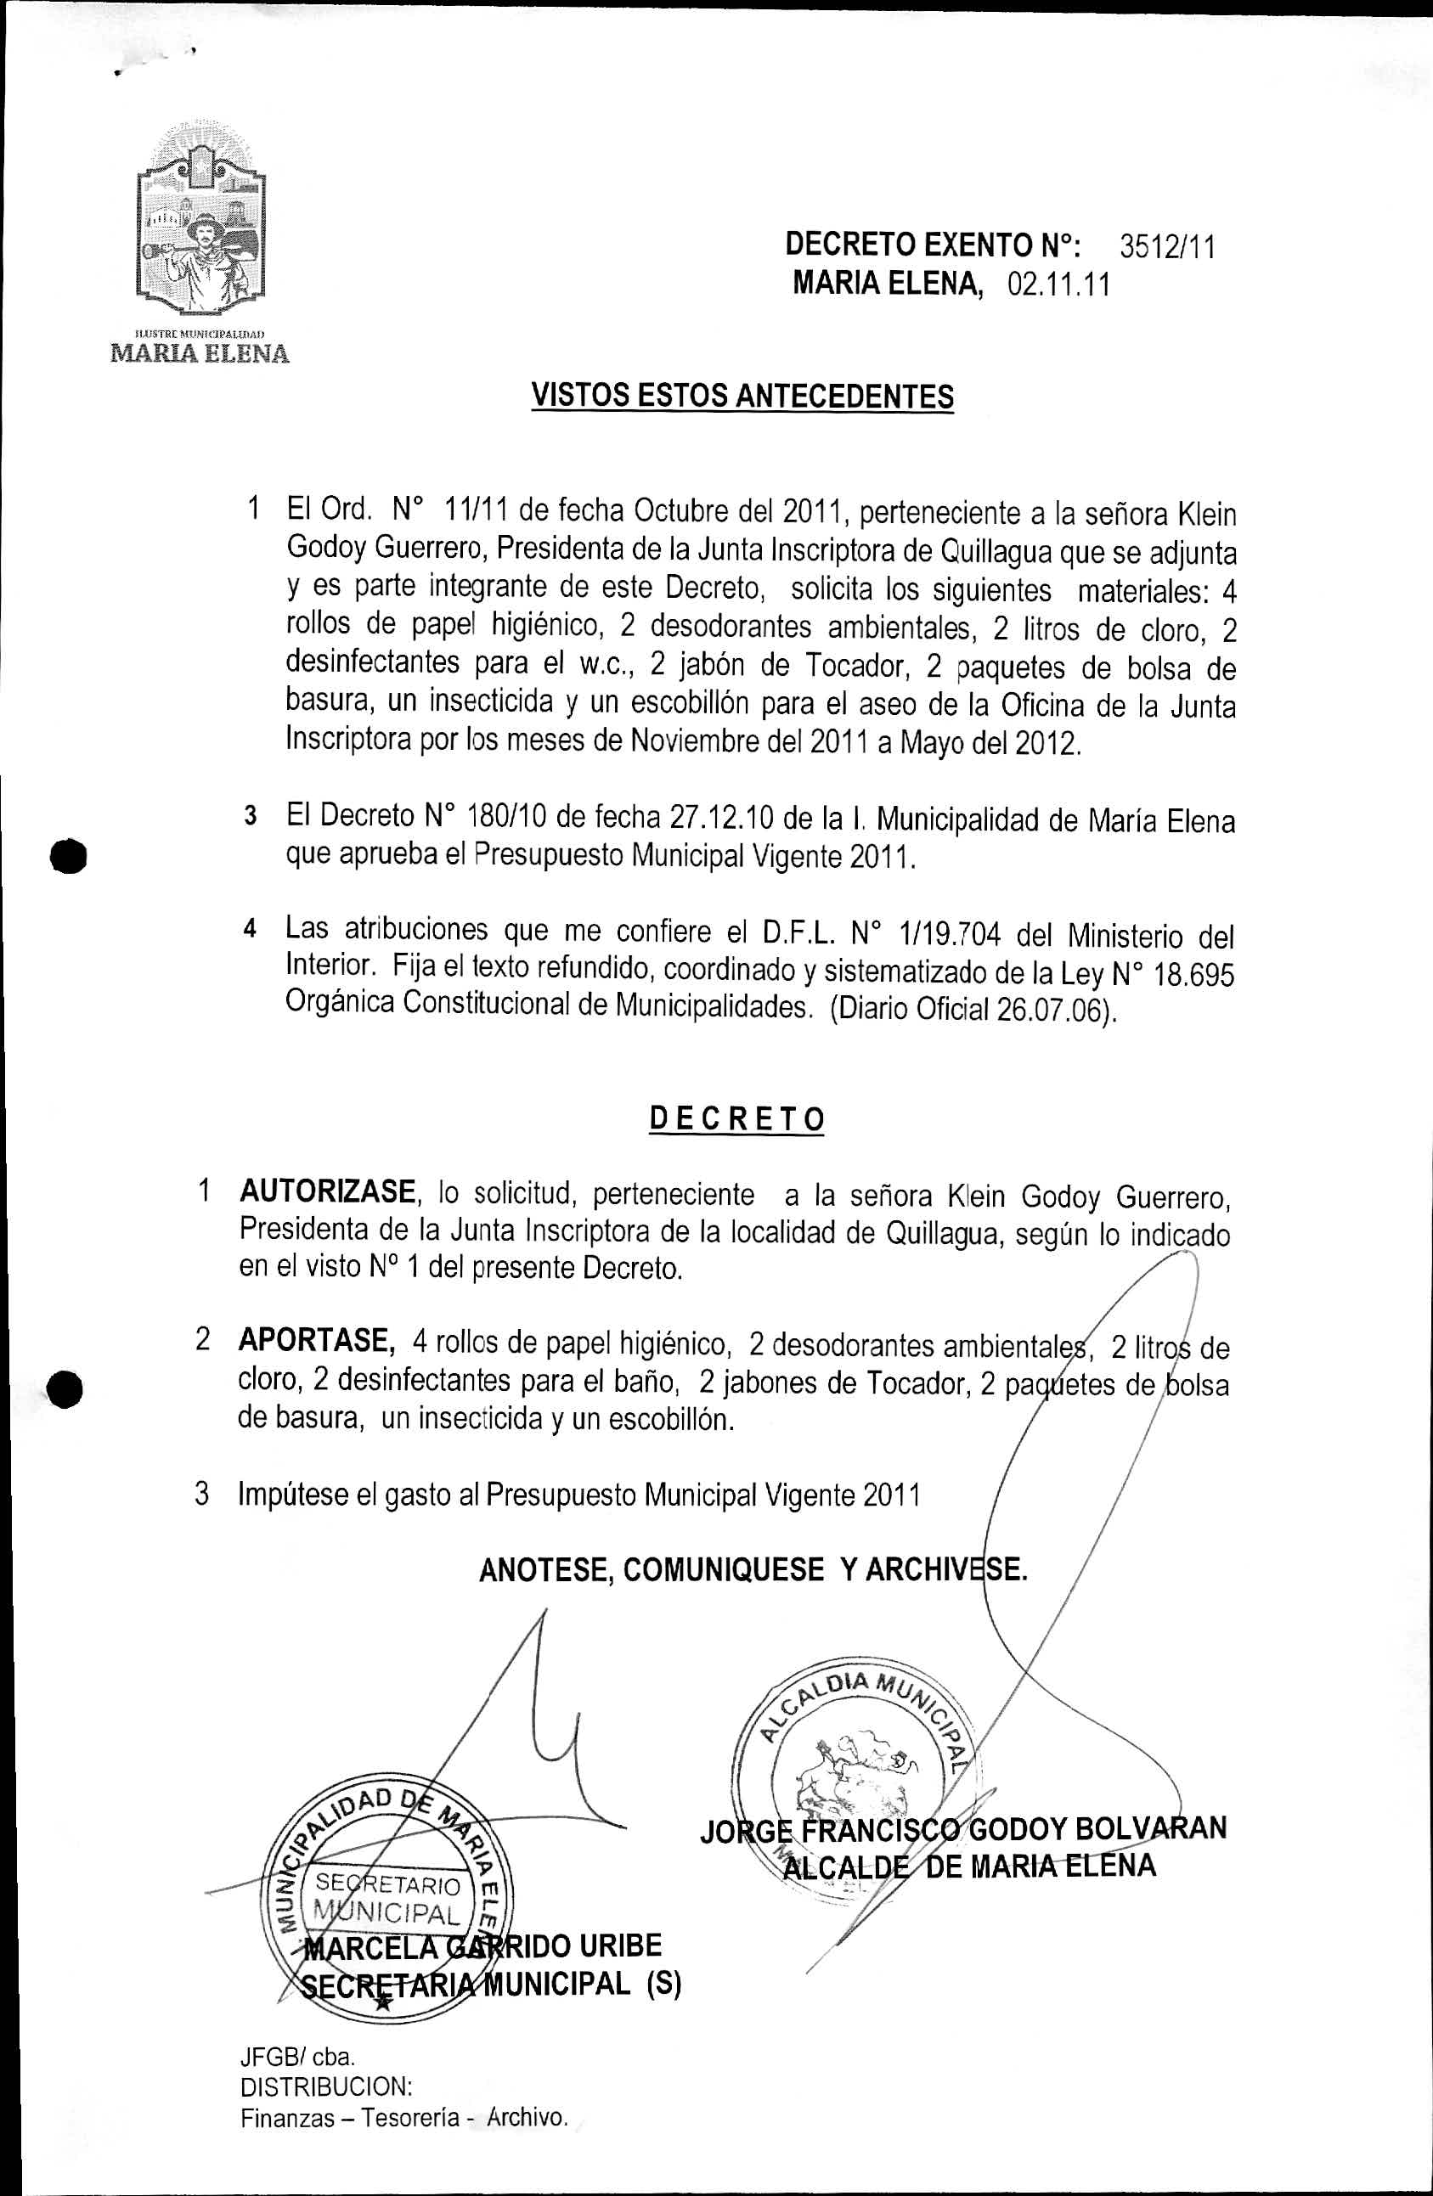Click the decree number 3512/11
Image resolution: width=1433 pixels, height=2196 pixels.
1167,247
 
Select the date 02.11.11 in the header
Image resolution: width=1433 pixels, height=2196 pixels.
1058,285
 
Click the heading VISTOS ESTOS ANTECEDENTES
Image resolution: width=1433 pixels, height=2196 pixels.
742,397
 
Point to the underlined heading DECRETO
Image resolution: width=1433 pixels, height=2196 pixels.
736,1118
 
